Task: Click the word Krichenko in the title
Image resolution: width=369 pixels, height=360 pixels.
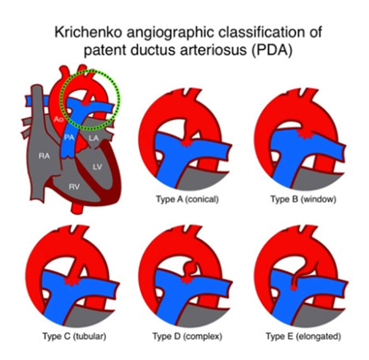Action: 88,32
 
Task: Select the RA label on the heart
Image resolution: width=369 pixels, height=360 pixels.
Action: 45,156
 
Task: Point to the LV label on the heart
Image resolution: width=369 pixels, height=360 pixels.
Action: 98,167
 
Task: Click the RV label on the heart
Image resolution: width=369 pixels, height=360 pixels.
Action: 74,187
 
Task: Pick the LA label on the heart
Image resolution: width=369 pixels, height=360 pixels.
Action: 94,138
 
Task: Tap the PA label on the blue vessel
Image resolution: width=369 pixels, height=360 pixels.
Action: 69,138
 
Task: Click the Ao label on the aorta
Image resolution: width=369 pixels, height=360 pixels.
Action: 58,119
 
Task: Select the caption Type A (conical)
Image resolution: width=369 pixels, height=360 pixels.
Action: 188,199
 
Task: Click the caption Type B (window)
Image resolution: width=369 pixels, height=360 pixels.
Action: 304,199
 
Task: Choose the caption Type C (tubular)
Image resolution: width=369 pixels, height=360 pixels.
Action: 75,336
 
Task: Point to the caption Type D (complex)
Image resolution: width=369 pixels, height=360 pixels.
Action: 188,336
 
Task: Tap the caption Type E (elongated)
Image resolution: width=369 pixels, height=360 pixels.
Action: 304,336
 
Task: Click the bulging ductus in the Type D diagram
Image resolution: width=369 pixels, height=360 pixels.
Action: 191,268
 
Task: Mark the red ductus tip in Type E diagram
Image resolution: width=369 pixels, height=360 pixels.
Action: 294,287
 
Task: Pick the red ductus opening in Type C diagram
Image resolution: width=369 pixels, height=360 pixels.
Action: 71,282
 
